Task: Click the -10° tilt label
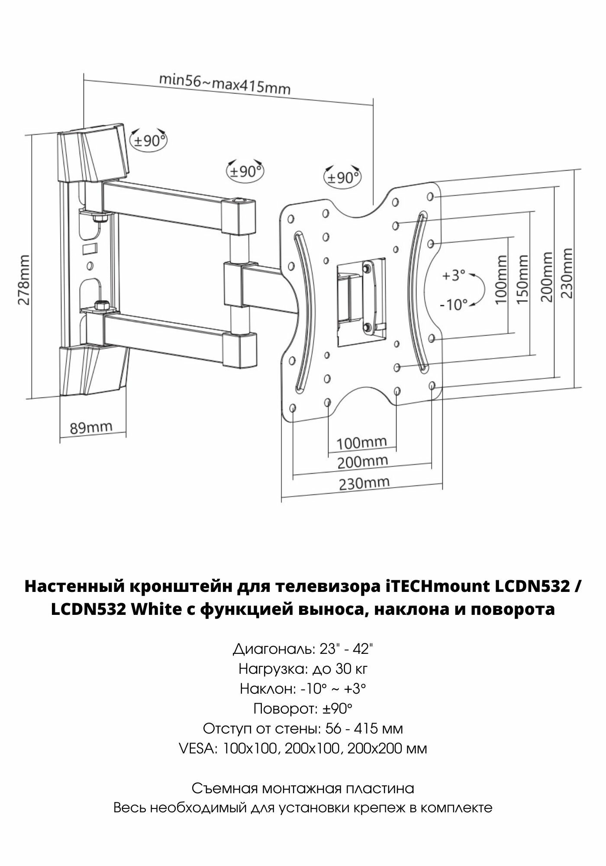click(x=453, y=304)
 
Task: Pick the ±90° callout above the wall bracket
click(x=148, y=140)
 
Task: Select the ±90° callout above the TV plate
click(x=342, y=177)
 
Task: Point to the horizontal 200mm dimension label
click(x=362, y=462)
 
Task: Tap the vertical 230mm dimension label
click(x=567, y=272)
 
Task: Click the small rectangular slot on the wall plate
click(x=90, y=249)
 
